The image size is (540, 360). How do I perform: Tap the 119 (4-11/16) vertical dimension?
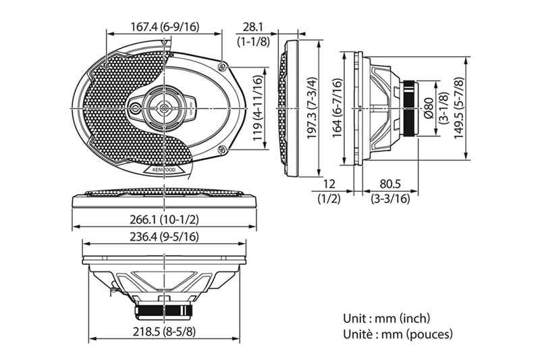click(x=257, y=109)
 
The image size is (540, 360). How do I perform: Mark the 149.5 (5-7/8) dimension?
click(x=480, y=108)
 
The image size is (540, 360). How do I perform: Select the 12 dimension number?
click(x=329, y=184)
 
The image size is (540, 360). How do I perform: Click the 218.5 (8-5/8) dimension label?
click(x=166, y=333)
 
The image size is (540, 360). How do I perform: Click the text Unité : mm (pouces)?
click(x=396, y=334)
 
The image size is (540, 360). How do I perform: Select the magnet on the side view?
click(x=410, y=108)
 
